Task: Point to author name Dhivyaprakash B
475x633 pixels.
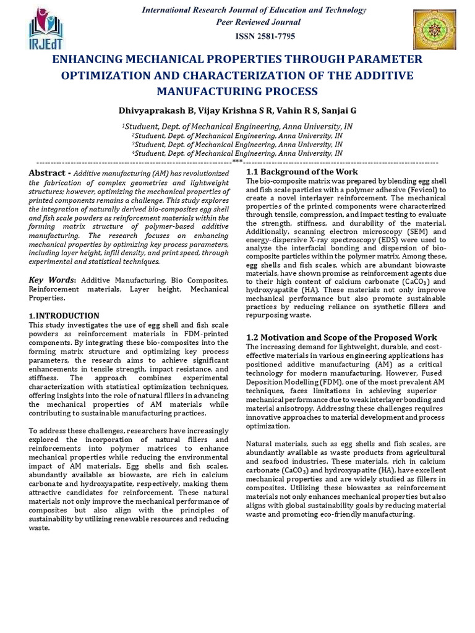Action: coord(152,111)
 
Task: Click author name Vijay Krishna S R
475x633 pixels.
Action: coord(221,111)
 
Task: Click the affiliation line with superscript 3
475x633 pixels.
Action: coord(237,144)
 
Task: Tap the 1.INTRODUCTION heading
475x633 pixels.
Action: coord(64,315)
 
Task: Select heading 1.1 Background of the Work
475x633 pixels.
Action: coord(302,171)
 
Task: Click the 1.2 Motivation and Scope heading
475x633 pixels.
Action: coord(341,338)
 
